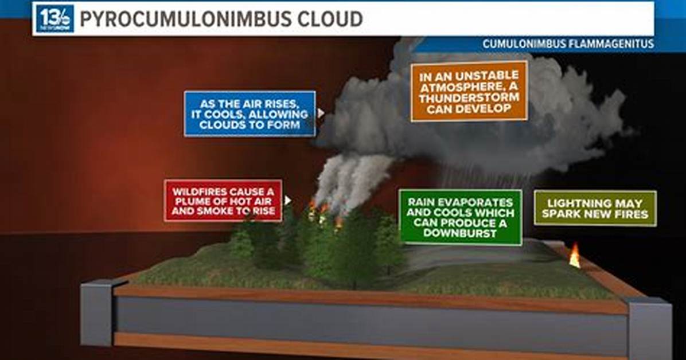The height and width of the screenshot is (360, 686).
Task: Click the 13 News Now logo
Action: point(54,18)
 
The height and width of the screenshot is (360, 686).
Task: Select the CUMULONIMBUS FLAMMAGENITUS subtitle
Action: point(568,44)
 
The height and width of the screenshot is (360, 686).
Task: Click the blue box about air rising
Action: point(250,114)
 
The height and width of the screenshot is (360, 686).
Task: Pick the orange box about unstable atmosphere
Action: point(469,91)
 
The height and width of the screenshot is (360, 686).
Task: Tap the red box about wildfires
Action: point(223,201)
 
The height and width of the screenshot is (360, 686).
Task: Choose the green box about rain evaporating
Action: point(460,217)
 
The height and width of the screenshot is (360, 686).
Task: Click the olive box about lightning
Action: point(595,209)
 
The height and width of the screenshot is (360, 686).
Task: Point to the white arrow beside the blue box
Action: point(321,114)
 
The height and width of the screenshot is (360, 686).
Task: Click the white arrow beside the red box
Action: point(287,200)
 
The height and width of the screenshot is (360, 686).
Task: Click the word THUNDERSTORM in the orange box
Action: point(469,97)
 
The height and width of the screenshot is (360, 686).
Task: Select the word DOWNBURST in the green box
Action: point(460,233)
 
